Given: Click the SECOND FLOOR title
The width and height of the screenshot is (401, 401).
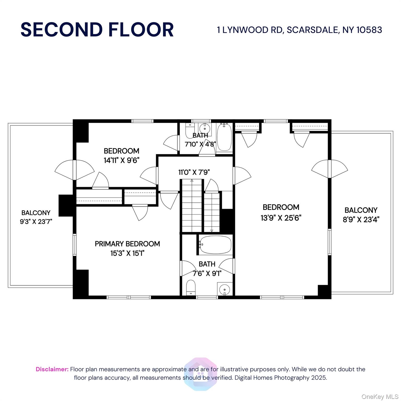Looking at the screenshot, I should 97,30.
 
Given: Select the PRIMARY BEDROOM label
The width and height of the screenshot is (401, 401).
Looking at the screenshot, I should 127,244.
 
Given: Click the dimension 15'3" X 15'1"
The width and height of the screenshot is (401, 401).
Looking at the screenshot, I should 127,253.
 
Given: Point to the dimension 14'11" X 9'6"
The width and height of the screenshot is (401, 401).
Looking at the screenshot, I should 121,160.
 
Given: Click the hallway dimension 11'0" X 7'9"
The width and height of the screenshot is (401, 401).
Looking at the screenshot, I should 194,172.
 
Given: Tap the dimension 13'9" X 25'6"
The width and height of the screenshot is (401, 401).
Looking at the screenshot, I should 281,218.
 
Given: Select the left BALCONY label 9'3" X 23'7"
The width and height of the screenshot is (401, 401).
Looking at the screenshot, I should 36,217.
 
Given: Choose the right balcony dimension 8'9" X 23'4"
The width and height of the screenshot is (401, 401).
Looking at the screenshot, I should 361,220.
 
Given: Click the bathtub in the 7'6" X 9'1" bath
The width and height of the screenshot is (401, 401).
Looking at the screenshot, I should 215,245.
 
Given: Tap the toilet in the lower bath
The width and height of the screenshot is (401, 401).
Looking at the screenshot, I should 191,287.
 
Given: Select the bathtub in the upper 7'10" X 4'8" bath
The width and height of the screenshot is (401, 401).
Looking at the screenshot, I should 224,137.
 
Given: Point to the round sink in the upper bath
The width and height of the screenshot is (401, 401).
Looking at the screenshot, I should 204,128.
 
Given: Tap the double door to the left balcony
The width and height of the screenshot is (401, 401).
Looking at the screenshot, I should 74,170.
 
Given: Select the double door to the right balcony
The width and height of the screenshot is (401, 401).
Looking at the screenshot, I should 329,169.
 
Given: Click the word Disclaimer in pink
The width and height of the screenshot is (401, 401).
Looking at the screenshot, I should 52,369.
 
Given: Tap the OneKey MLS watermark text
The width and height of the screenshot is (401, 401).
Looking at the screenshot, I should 380,397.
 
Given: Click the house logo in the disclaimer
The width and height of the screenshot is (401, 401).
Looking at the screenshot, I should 200,374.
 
